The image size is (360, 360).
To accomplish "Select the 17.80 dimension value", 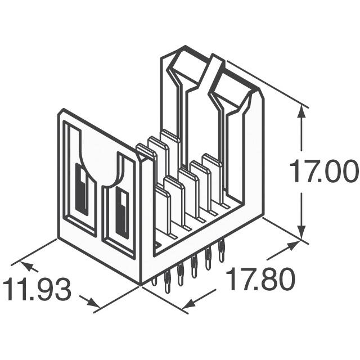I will click(x=260, y=280).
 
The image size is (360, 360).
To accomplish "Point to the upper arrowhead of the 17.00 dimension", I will click(x=303, y=111).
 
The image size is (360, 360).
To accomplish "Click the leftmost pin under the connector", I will click(x=155, y=280).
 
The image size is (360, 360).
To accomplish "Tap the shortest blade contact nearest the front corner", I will click(x=162, y=214).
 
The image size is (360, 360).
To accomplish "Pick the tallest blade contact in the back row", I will click(x=170, y=152).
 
